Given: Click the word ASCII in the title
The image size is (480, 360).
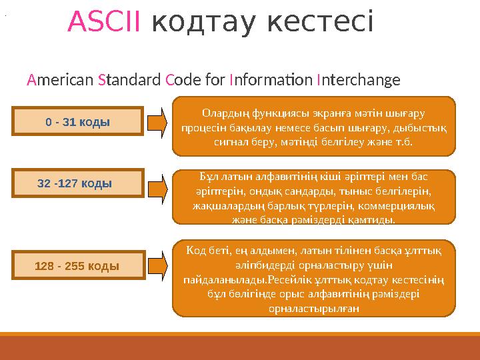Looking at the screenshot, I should coord(104,23).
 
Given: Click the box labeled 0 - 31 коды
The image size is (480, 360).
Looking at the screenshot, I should coord(78,122).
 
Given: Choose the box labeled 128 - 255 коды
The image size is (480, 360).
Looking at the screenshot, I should coord(78,265).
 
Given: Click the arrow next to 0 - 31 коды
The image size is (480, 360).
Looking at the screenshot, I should coord(159,121).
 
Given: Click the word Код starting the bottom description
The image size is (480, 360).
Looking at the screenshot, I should coord(198,251).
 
